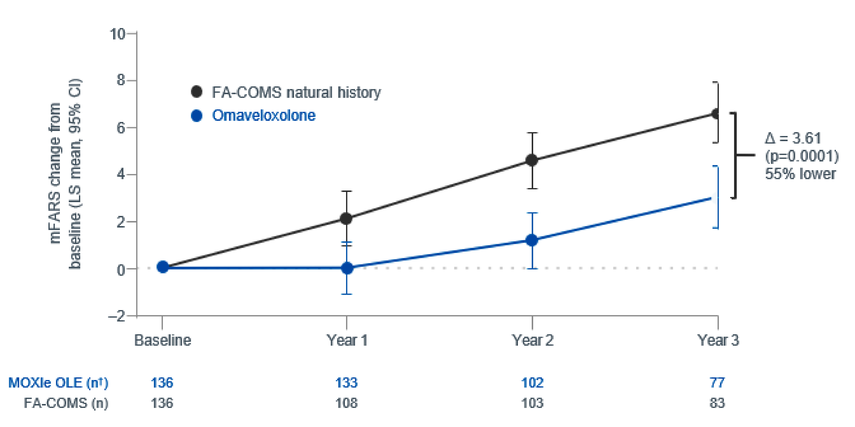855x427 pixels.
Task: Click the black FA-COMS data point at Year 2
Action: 532,160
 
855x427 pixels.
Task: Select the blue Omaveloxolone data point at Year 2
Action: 532,240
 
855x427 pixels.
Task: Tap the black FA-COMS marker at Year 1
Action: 346,218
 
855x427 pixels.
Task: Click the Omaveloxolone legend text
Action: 264,115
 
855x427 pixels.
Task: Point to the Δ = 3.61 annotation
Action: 793,138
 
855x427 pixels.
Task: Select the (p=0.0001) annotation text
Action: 801,156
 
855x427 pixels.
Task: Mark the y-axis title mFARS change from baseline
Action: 65,174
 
